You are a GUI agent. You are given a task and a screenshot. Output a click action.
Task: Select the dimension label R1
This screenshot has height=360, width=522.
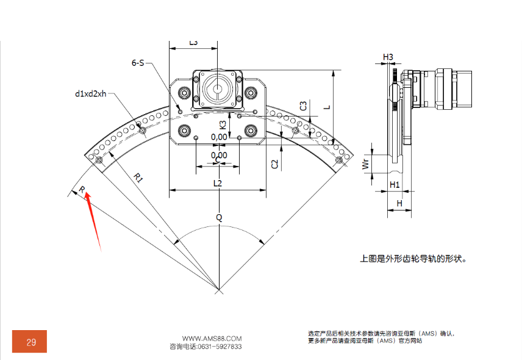[x=138, y=178]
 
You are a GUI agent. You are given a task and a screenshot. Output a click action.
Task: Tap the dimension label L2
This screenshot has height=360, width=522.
[x=218, y=183]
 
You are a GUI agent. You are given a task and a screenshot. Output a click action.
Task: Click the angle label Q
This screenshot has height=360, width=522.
[x=219, y=217]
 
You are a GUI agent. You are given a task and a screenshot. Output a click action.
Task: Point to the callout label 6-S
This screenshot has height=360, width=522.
[x=138, y=62]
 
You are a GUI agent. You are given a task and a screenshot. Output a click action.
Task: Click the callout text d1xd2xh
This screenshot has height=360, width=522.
[x=91, y=93]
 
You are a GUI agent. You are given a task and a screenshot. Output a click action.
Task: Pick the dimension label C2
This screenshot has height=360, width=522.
[x=275, y=164]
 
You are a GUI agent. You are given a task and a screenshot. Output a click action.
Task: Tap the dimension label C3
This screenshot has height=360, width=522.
[x=302, y=106]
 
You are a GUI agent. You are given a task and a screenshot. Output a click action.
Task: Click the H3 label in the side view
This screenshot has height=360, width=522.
[x=388, y=57]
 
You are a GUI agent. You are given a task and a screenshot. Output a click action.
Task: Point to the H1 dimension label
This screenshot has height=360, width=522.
[x=394, y=184]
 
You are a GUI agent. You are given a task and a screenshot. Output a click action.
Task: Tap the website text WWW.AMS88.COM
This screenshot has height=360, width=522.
[x=212, y=338]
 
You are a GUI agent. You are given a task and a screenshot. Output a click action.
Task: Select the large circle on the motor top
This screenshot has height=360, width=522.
[x=218, y=88]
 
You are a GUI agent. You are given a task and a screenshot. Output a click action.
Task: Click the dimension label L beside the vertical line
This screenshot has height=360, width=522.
[x=327, y=107]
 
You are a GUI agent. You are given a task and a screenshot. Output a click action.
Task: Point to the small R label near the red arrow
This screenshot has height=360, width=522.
[x=81, y=190]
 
